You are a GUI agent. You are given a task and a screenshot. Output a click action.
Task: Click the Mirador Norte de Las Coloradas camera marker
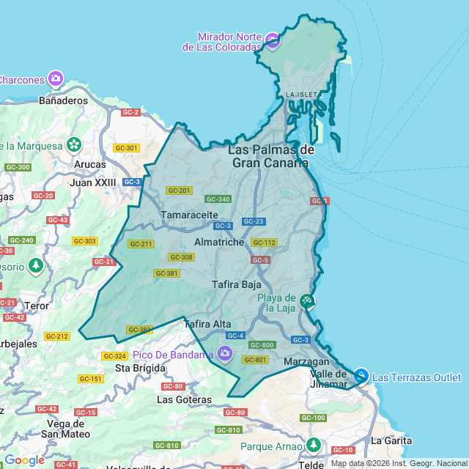click(273, 40)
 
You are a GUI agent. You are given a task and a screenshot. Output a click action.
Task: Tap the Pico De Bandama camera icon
click(225, 355)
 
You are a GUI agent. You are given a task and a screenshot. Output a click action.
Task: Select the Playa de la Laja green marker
click(308, 301)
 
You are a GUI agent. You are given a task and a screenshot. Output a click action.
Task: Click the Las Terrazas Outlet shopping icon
click(361, 377)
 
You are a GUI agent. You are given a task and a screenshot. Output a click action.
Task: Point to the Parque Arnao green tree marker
click(314, 445)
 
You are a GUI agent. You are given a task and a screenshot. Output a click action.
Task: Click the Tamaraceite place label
click(189, 215)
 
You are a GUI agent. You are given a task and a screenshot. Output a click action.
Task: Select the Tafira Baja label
click(237, 284)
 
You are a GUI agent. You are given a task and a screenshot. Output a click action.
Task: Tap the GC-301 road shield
click(126, 148)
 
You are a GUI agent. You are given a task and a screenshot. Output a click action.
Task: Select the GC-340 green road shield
click(218, 199)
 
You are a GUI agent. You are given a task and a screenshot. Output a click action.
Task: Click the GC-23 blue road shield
click(253, 221)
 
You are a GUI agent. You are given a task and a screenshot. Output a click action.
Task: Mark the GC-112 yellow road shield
click(264, 243)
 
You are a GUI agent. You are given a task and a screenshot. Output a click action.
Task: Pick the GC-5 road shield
click(260, 260)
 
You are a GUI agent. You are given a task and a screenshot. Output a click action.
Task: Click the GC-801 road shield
click(256, 360)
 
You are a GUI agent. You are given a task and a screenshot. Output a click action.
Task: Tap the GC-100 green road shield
click(312, 418)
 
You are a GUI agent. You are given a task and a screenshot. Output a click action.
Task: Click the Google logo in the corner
click(24, 460)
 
